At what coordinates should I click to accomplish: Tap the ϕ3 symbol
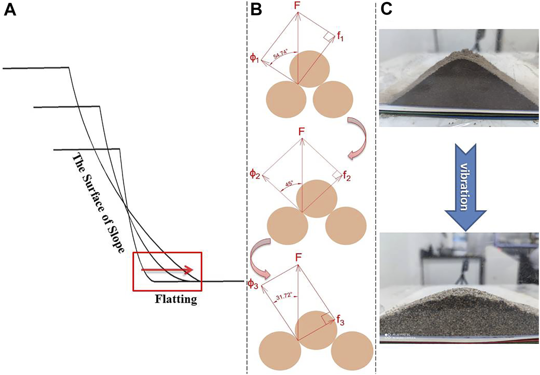[x=252, y=284]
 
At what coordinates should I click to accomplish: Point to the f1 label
[x=341, y=37]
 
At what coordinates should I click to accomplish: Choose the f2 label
[x=347, y=177]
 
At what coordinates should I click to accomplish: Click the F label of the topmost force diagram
[x=298, y=6]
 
